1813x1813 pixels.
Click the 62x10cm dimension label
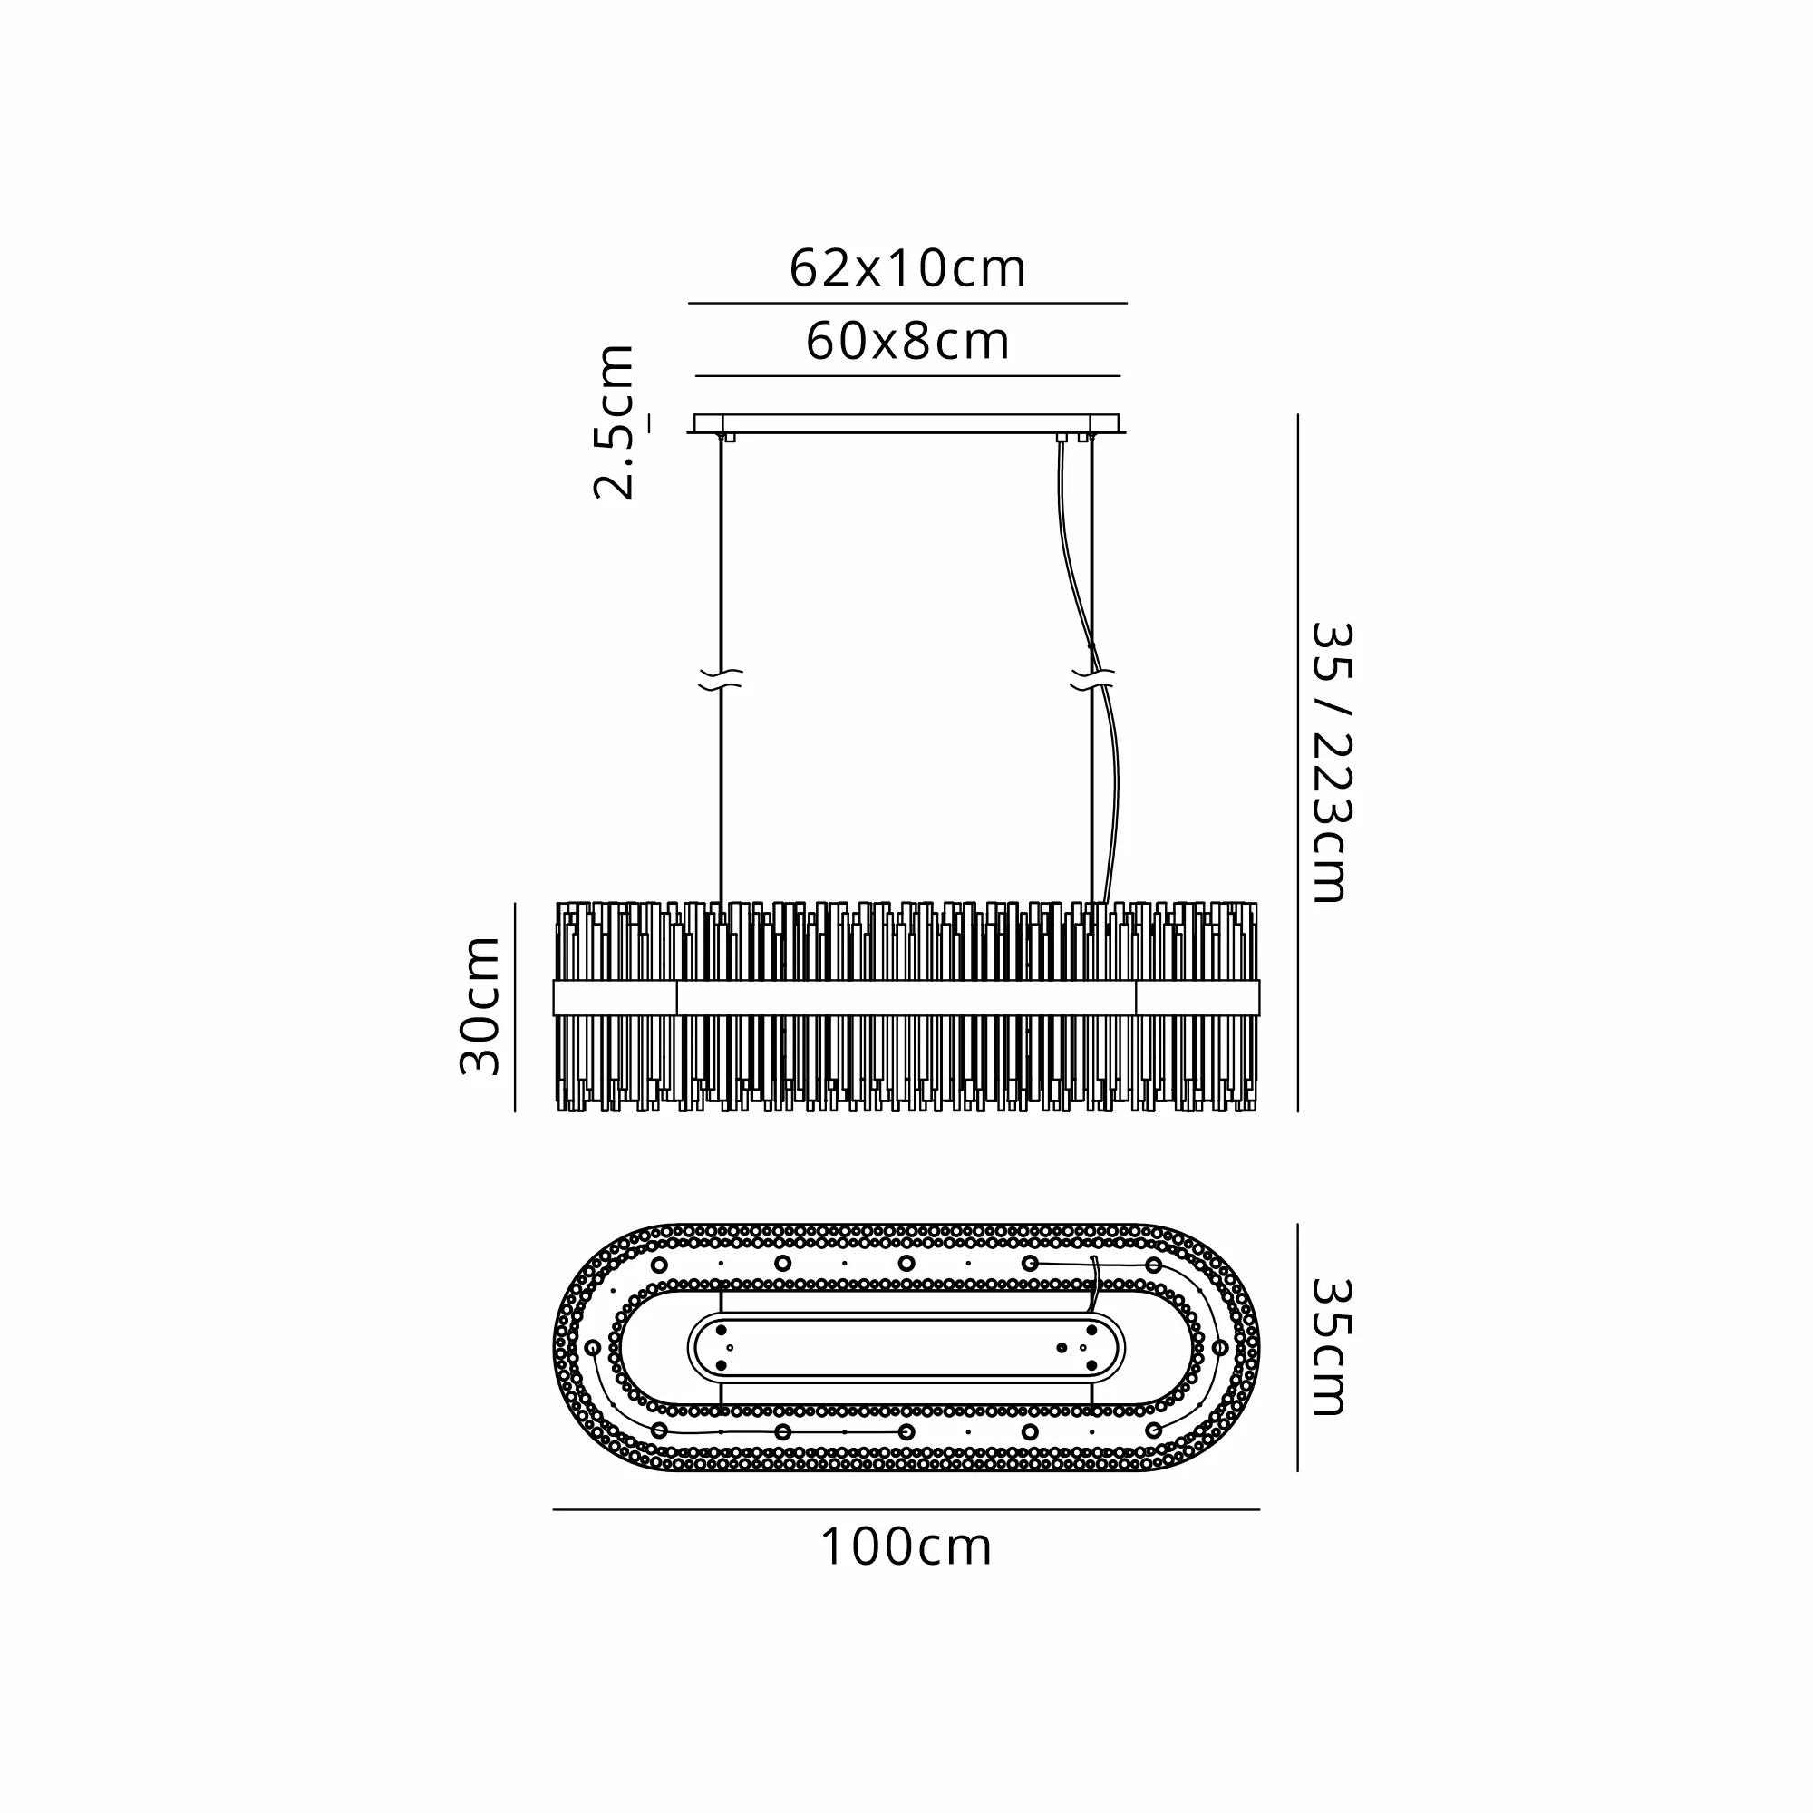(x=907, y=269)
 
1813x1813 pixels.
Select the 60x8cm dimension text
(x=907, y=342)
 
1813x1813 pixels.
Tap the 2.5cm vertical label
(x=616, y=422)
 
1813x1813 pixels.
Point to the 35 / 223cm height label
(x=1331, y=762)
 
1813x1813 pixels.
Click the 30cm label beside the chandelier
(x=480, y=1005)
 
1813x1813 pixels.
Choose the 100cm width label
(x=906, y=1547)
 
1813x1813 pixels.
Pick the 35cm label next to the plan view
(x=1331, y=1347)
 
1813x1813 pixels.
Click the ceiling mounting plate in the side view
(x=906, y=424)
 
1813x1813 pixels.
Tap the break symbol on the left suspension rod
(x=721, y=681)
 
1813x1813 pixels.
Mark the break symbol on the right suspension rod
(x=1091, y=681)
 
